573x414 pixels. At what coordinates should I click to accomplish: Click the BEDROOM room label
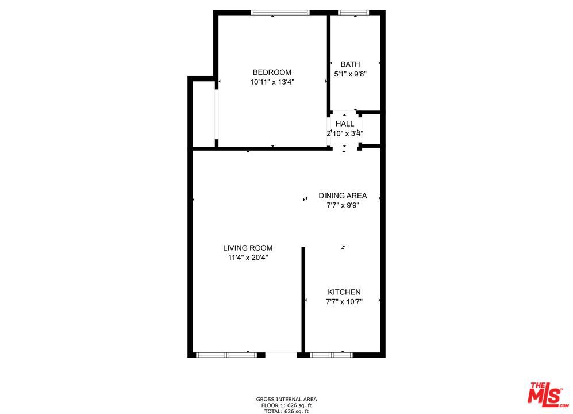(x=272, y=72)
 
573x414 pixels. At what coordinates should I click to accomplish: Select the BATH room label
(x=350, y=64)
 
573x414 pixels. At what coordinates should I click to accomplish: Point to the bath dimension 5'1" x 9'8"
(x=350, y=74)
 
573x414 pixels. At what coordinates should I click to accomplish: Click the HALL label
(x=345, y=124)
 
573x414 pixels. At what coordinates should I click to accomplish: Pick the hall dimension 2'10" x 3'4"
(x=345, y=133)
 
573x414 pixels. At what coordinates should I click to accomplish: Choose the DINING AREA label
(x=343, y=195)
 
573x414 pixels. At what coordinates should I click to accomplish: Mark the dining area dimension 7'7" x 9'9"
(x=343, y=205)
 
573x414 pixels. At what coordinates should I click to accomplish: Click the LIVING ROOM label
(x=248, y=248)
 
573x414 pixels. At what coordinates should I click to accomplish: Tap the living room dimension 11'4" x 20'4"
(x=248, y=258)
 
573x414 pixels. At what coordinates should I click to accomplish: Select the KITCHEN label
(x=344, y=292)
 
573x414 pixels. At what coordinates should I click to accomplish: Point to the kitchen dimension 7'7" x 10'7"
(x=344, y=302)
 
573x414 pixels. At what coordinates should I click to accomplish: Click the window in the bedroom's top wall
(x=280, y=13)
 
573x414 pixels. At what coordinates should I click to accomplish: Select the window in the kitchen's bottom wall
(x=331, y=355)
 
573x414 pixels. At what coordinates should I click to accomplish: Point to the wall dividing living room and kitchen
(x=303, y=299)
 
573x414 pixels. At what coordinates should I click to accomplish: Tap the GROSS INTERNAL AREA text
(x=286, y=399)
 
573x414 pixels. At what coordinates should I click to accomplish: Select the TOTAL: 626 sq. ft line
(x=286, y=411)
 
